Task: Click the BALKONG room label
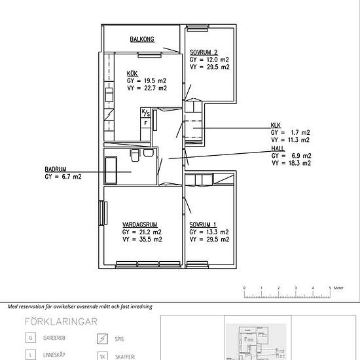pos(141,40)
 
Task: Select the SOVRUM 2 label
pos(204,52)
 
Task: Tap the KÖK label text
pos(132,73)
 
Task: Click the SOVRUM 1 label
pos(204,224)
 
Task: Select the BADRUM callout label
pos(56,169)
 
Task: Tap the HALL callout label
pos(278,148)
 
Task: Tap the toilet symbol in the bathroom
pos(135,154)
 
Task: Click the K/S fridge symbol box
pos(146,113)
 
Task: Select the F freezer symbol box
pos(145,122)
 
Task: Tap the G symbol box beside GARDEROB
pos(29,338)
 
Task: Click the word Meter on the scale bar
pos(338,287)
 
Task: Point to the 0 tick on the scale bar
pos(244,288)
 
